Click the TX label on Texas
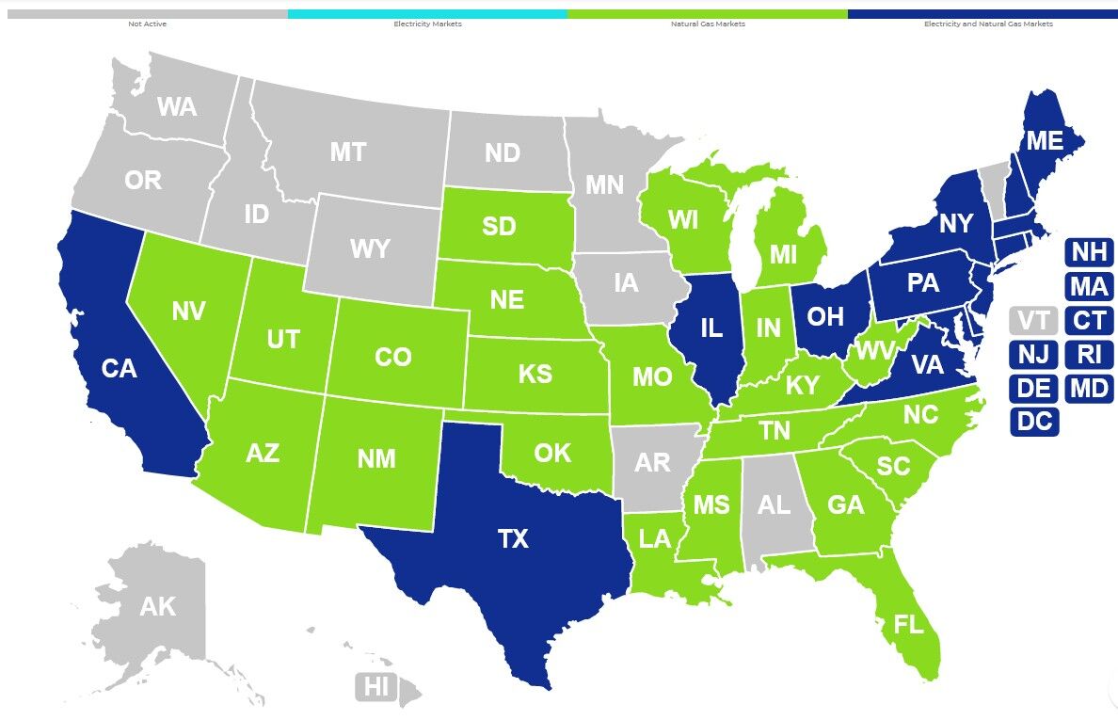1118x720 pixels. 513,539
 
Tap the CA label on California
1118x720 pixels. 120,369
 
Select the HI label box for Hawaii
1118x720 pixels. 376,687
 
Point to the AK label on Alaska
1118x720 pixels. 157,607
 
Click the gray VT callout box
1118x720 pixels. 1033,321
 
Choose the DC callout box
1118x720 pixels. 1034,422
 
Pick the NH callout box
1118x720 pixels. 1089,252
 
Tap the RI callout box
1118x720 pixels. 1089,355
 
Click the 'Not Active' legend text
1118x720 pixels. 148,24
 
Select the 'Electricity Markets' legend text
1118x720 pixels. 427,24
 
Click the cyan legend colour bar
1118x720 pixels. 427,14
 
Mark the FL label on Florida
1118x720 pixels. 909,624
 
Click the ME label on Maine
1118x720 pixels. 1045,141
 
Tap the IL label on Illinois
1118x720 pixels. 711,328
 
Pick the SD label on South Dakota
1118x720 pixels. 498,227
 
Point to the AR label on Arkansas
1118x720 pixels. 652,463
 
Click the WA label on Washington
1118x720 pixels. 177,107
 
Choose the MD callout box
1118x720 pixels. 1089,388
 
